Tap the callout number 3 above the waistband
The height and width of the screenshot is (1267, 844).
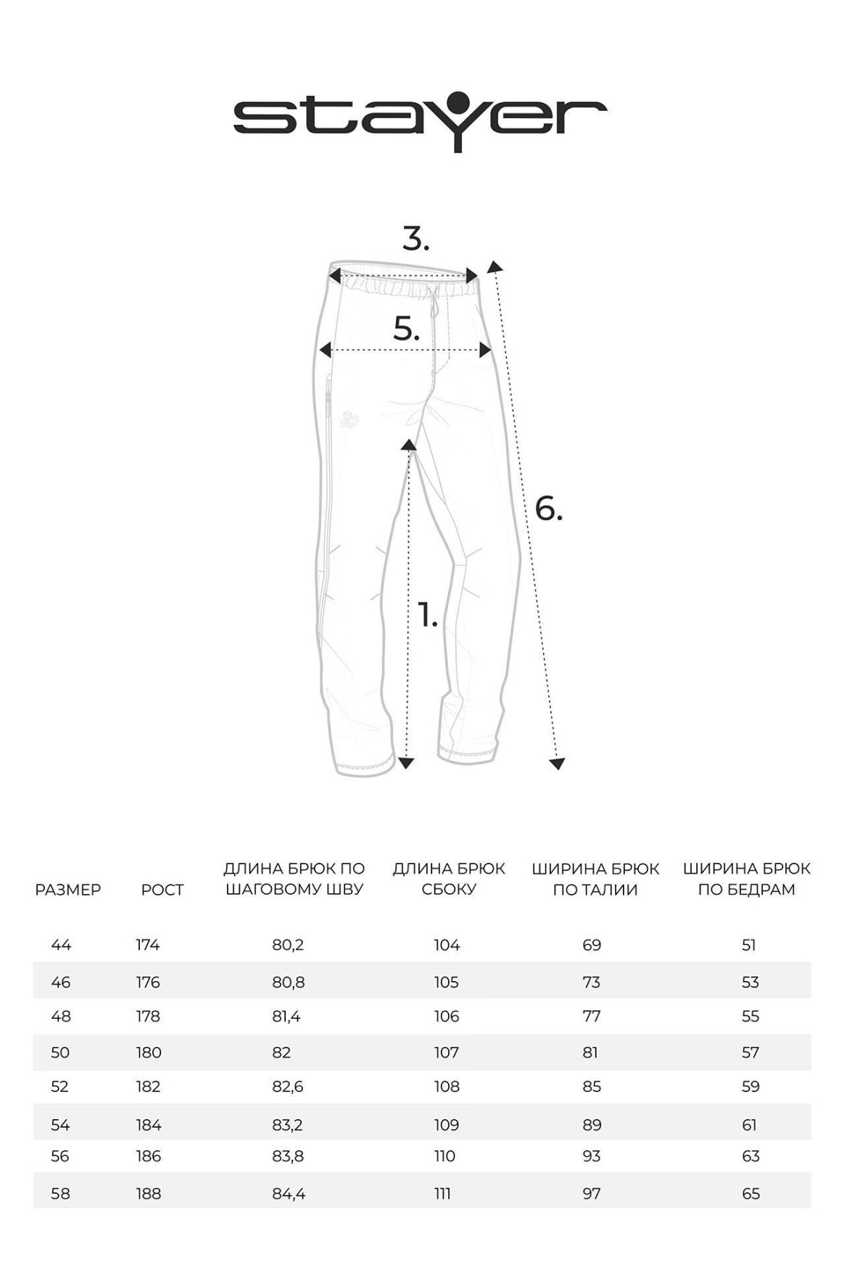pos(415,239)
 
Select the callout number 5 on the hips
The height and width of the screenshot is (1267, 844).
pos(406,329)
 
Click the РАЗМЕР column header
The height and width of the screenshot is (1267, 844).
pos(68,889)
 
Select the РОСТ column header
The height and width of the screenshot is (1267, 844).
pos(162,889)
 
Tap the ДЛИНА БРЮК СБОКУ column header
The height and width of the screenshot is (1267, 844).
pos(449,879)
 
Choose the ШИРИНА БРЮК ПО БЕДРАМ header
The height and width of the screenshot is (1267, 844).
pos(746,879)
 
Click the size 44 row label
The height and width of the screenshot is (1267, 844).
pos(61,945)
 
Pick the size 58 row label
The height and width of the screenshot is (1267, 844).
pos(61,1194)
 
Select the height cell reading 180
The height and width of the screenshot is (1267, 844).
pos(149,1052)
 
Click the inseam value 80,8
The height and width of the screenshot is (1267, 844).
pos(289,982)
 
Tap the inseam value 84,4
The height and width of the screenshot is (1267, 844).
pos(289,1194)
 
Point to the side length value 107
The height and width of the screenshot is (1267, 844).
pos(447,1052)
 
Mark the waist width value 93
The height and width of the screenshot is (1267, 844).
pos(592,1156)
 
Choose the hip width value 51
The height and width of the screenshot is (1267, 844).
pos(749,945)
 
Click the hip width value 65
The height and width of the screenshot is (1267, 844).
pos(750,1194)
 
